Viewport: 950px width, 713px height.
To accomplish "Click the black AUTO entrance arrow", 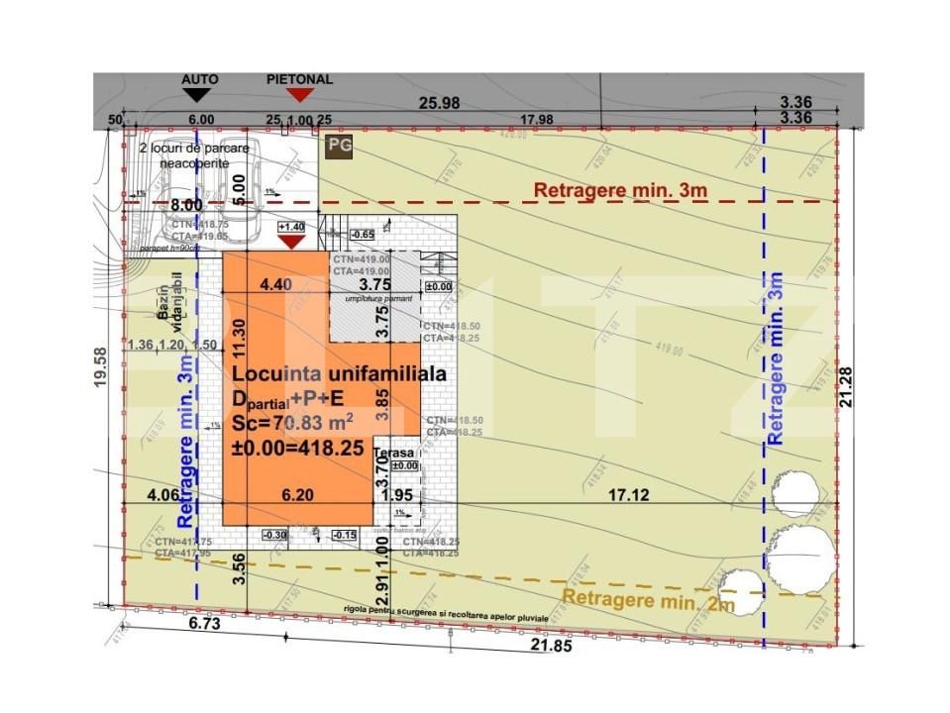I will coord(198,95).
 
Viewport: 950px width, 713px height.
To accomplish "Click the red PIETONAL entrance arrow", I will coord(299,95).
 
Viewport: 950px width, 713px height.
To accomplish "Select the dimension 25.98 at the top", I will coord(440,102).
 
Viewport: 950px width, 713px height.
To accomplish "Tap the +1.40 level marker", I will coord(291,227).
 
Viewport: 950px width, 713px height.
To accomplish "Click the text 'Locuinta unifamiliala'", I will coord(339,374).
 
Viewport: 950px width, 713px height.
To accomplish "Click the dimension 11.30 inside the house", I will coord(237,337).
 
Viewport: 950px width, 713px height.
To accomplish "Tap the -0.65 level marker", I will coord(365,235).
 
